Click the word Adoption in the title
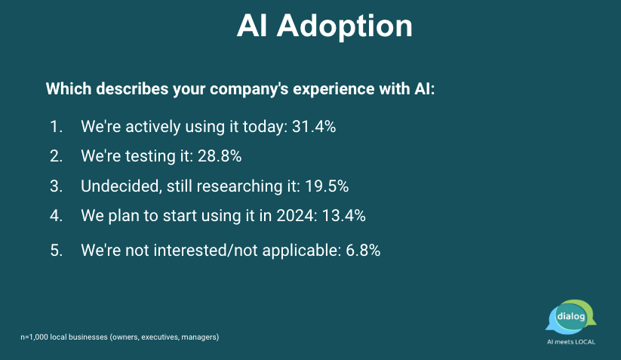345,27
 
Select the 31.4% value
314,127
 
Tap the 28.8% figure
220,156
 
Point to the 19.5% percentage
327,186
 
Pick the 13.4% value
344,216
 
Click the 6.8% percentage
363,251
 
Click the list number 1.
57,127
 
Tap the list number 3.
57,186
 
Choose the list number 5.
57,251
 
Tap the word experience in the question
334,89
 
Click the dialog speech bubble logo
571,317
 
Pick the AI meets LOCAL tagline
571,342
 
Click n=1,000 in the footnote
35,337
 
